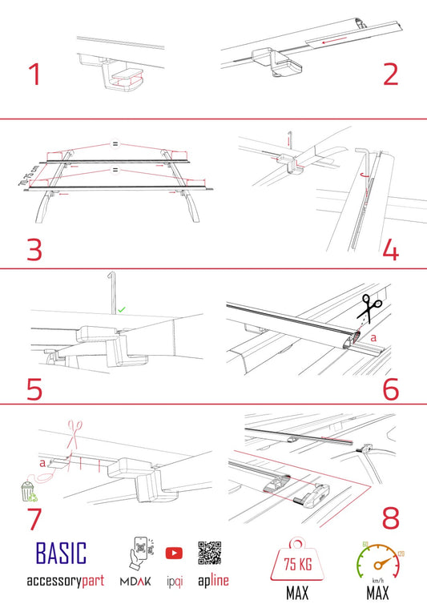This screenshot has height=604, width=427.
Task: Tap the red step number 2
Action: pos(389,74)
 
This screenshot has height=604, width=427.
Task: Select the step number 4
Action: pos(390,249)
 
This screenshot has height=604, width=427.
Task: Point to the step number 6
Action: pos(390,388)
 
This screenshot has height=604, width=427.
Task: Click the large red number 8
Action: pos(390,517)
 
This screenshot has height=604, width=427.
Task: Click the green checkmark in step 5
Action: pos(122,308)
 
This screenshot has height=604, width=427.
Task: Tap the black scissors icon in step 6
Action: pos(370,308)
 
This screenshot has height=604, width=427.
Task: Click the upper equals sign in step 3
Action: pos(115,145)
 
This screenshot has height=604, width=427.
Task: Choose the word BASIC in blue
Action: pos(61,553)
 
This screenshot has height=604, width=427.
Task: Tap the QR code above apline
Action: pos(210,553)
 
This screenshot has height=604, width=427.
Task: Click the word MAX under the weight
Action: pos(297,594)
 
